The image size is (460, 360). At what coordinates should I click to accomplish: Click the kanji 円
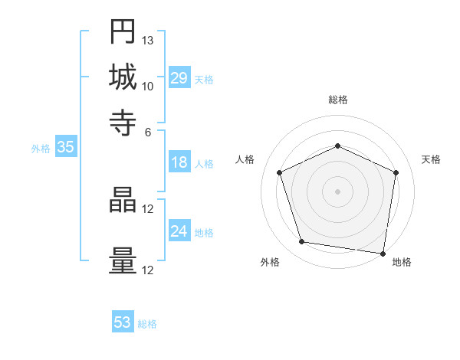(123, 31)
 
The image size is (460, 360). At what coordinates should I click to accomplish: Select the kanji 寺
(123, 122)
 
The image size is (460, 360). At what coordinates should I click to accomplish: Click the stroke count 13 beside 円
(148, 40)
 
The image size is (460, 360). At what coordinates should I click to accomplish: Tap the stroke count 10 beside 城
(148, 86)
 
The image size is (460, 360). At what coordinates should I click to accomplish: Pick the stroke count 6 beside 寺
(148, 131)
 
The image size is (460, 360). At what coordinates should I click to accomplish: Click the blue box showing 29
(179, 78)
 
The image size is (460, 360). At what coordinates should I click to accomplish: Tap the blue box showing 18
(179, 162)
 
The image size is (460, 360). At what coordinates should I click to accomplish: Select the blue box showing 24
(179, 231)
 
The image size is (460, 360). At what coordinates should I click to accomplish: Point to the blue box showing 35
(65, 148)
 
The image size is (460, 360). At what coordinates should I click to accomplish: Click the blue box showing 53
(123, 322)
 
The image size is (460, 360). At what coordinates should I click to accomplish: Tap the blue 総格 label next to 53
(147, 324)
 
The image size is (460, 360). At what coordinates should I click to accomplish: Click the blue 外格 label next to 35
(41, 149)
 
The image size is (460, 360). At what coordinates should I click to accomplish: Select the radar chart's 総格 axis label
(337, 100)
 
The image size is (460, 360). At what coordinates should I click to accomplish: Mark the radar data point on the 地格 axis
(383, 253)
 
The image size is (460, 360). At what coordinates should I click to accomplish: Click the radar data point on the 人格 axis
(280, 172)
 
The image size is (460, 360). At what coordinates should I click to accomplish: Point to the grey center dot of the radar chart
(337, 191)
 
